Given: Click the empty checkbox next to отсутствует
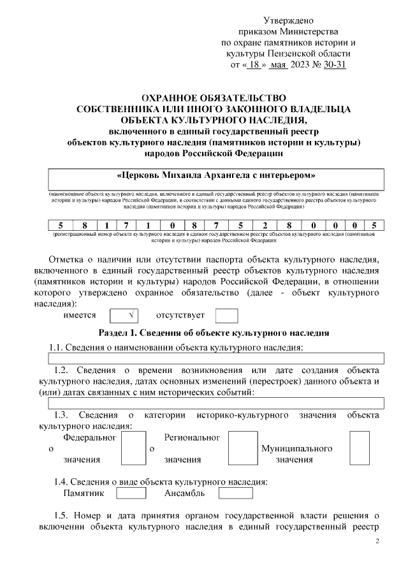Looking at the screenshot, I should tap(226, 315).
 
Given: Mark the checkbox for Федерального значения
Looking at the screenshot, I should tap(133, 448).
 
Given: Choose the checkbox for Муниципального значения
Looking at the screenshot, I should tap(360, 448).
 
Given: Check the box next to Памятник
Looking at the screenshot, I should tap(131, 493).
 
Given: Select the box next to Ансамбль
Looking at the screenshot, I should tap(235, 493).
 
